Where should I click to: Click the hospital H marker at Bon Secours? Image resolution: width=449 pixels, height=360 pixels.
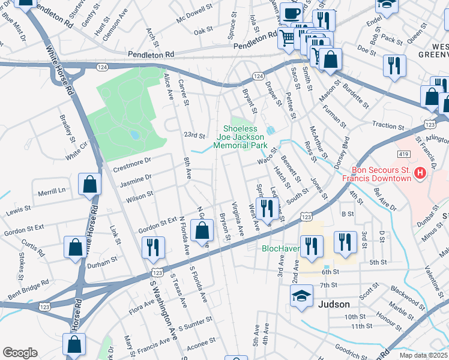(420, 174)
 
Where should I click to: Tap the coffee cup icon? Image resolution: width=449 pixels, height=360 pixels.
(292, 13)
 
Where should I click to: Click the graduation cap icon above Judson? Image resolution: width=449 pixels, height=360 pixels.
(301, 295)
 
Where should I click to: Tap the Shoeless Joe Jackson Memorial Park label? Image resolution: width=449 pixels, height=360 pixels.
(245, 137)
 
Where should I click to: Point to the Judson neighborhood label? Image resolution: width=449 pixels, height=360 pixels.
(334, 304)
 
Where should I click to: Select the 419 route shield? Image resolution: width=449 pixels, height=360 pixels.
(402, 154)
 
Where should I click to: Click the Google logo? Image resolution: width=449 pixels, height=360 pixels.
(20, 352)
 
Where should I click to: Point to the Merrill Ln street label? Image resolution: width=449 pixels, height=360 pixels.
(52, 191)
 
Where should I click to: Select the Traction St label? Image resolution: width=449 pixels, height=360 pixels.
(388, 126)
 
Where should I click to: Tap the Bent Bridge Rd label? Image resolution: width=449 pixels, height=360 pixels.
(29, 290)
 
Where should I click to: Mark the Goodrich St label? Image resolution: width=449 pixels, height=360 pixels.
(347, 348)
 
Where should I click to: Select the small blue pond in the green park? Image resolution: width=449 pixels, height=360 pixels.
(134, 135)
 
